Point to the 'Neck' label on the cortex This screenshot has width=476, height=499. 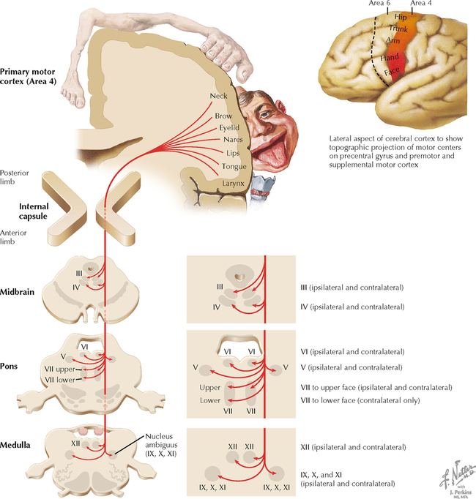pyautogui.click(x=219, y=97)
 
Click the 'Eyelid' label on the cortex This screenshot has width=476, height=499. pyautogui.click(x=229, y=127)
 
